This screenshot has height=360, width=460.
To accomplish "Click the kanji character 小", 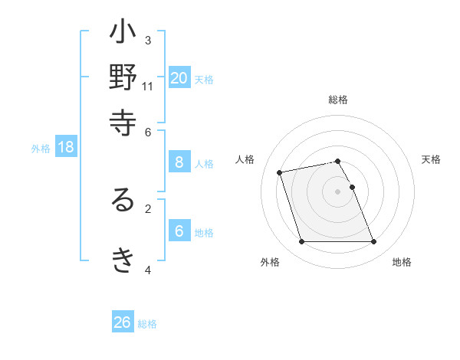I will (123, 34).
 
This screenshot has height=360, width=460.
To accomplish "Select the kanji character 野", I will (123, 78).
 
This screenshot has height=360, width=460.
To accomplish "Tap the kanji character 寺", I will (123, 123).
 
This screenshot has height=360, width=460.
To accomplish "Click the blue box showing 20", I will (179, 77).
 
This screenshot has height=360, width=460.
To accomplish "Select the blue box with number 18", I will (66, 147).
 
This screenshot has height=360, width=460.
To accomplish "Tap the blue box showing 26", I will (123, 322).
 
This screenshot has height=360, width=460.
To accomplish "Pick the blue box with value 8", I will (179, 162).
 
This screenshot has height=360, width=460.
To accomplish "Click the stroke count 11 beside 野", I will (148, 87).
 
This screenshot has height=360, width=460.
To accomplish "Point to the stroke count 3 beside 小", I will (148, 40).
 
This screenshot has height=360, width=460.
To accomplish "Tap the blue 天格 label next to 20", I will (204, 79).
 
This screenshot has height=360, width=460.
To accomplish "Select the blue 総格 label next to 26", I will (147, 324).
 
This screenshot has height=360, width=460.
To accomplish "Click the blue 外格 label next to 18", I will (41, 149).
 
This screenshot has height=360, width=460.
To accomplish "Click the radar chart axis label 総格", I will (338, 100).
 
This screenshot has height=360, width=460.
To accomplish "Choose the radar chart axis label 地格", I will (402, 262).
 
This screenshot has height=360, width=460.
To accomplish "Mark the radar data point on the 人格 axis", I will (280, 172).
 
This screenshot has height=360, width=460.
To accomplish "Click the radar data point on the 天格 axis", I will (353, 187).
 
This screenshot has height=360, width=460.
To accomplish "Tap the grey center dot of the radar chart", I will (338, 191).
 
